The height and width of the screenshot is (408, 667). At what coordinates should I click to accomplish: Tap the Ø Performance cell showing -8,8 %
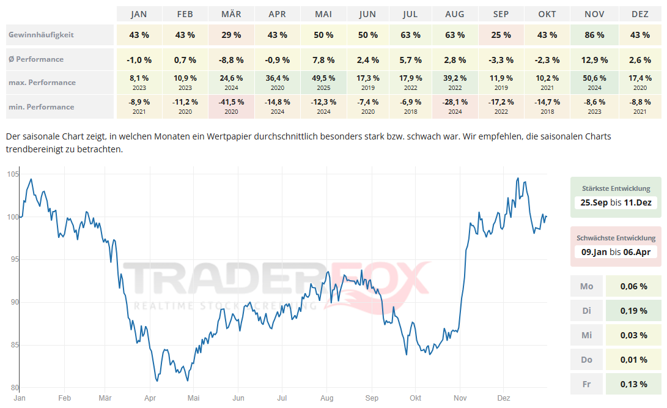pos(231,60)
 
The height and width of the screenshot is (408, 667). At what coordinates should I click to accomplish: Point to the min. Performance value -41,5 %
pos(231,102)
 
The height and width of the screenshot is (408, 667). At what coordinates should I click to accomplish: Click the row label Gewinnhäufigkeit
pos(41,35)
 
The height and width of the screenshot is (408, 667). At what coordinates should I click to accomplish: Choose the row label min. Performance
pos(41,107)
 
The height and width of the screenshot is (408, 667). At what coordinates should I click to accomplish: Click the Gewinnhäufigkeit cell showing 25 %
pos(501,35)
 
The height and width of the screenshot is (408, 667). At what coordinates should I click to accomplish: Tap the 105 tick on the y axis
pos(12,175)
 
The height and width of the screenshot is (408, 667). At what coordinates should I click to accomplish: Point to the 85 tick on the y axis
pos(12,346)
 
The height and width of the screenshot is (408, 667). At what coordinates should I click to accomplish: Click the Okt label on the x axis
pos(416,398)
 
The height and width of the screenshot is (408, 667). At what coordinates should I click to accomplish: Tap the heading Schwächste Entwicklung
pos(616,238)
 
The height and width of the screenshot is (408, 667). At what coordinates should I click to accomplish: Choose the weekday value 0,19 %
pos(633,311)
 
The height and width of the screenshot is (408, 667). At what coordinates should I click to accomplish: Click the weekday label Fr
pos(587,384)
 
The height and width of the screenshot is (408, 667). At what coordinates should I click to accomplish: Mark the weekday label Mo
pos(587,286)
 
